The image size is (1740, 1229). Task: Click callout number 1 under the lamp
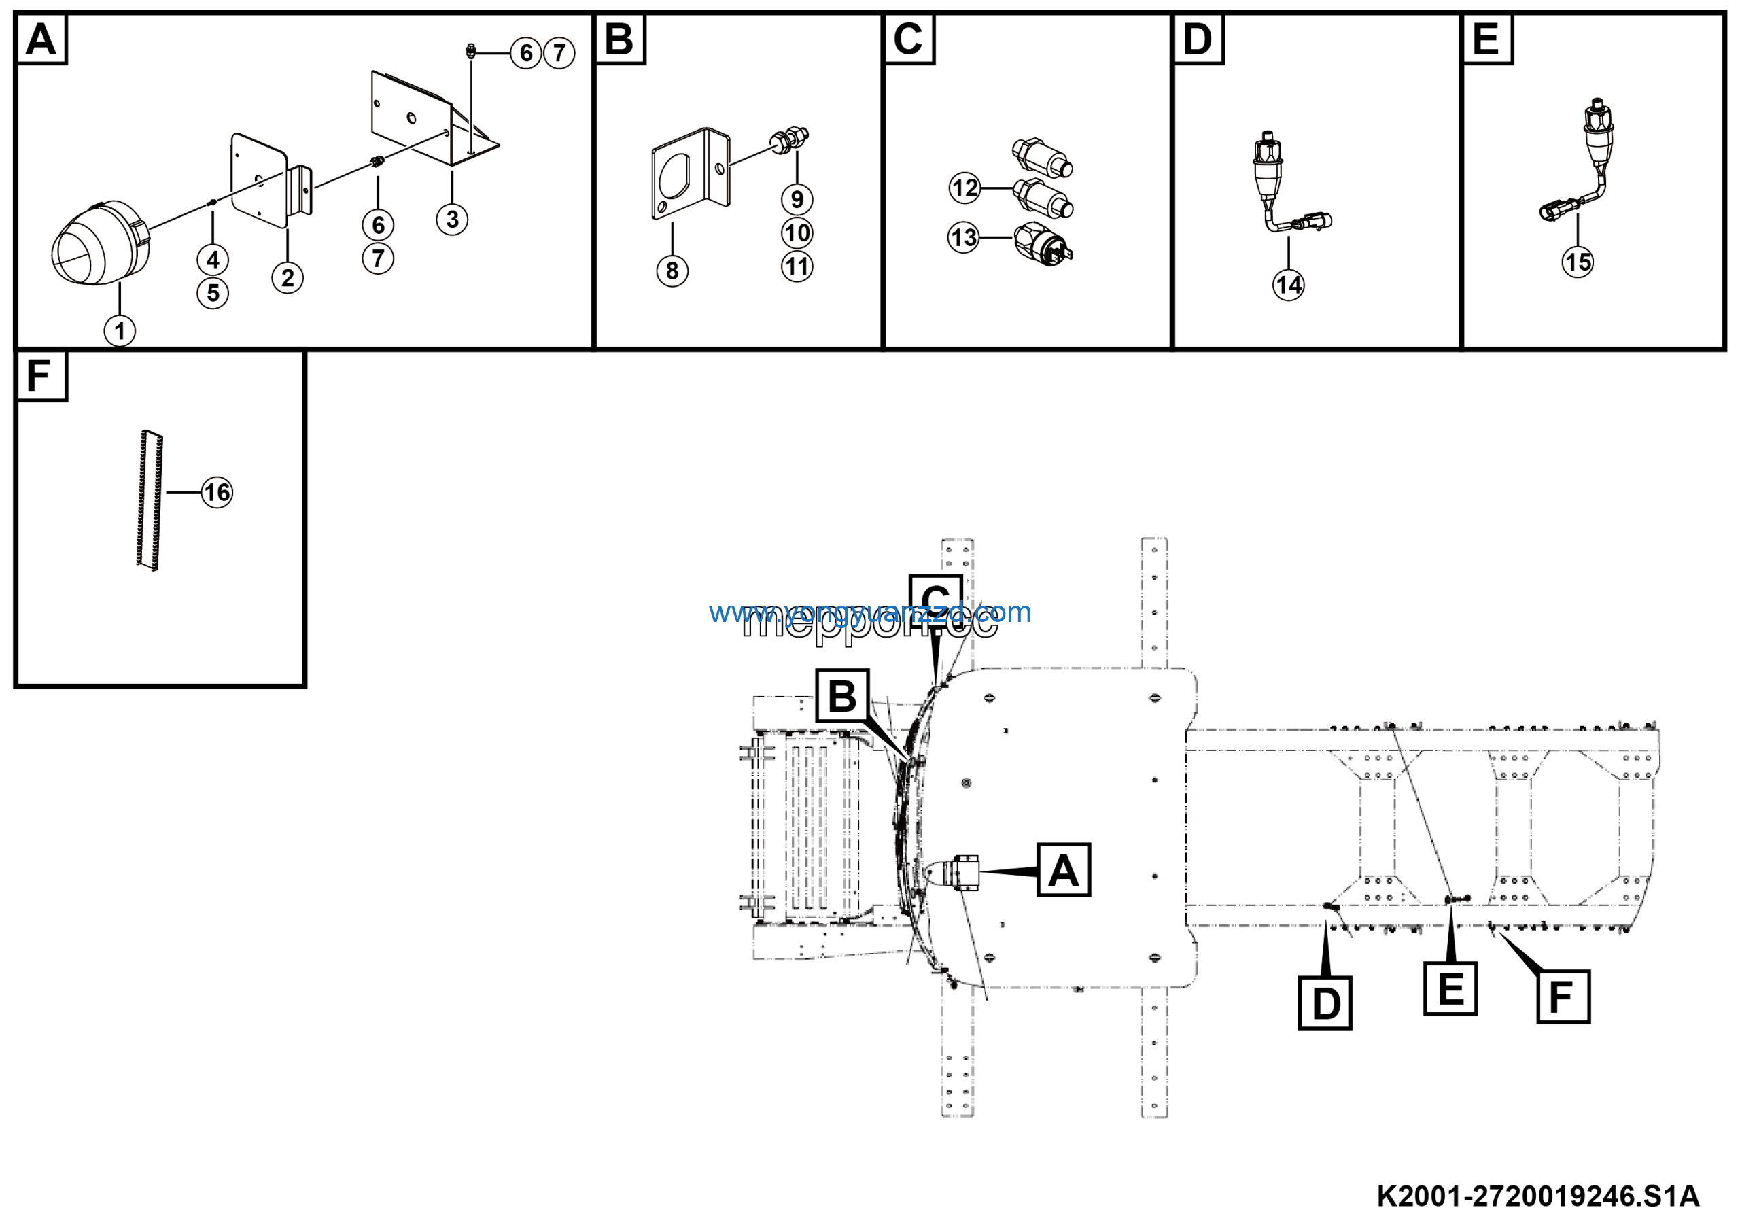coord(119,331)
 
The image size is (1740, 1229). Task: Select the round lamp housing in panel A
coord(100,243)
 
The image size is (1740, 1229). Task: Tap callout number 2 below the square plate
coord(288,278)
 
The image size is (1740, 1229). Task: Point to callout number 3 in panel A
coord(452,220)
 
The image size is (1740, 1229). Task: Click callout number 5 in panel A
coord(213,293)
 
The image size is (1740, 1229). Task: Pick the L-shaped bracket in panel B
coord(690,174)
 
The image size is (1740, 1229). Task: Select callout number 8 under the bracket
coord(672,271)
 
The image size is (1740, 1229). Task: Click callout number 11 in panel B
coord(797,266)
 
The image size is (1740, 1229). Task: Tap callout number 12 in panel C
coord(964,188)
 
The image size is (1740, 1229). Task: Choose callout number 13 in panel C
coord(963,238)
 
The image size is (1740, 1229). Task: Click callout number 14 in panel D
coord(1288,285)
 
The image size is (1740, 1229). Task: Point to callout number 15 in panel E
coord(1578,262)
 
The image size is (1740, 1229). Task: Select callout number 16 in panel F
coord(217,493)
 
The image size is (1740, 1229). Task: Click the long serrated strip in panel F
coord(150,500)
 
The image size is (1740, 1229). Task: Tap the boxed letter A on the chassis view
coord(1063,870)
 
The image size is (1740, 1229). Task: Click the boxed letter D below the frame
coord(1325,1003)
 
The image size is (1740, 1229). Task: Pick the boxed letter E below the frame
coord(1450,989)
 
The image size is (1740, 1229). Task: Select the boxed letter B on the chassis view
coord(842,695)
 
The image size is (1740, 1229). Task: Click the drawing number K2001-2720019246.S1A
coord(1537,1196)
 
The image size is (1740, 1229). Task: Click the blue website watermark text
coord(869,612)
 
